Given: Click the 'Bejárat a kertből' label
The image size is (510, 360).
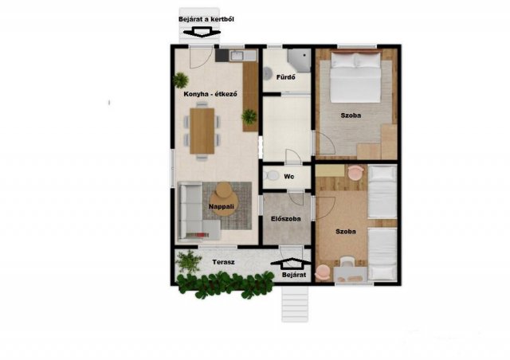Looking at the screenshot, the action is click(206, 19).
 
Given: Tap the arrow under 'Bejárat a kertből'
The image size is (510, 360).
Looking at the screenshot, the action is click(202, 32).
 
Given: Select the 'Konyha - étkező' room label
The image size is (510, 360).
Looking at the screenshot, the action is click(210, 94).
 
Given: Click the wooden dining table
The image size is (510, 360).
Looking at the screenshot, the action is click(202, 131).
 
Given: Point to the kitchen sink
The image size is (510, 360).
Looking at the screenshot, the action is click(237, 56).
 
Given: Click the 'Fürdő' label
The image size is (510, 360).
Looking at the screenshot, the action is click(286, 77).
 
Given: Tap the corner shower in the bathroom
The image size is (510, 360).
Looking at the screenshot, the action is click(300, 61).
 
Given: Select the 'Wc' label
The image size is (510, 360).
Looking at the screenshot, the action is click(288, 177).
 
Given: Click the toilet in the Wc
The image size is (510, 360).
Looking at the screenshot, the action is click(271, 176).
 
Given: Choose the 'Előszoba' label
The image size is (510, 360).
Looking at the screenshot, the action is click(286, 219).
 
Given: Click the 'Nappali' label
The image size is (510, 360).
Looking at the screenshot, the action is click(222, 206).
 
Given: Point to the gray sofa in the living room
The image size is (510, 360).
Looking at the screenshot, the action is click(195, 211).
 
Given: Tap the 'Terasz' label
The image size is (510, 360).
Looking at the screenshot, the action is click(223, 262).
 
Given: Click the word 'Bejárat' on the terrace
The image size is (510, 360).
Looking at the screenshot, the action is click(294, 275).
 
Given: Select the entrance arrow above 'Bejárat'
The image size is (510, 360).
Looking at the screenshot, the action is click(291, 264).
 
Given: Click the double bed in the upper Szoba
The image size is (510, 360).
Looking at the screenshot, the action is click(355, 77).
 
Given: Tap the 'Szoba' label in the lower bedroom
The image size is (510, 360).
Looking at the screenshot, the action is click(346, 232).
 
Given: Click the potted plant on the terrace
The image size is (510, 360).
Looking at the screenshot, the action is click(188, 261).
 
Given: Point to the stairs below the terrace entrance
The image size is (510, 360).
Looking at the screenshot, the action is click(295, 304).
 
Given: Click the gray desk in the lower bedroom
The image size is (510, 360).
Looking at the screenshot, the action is click(351, 275).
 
